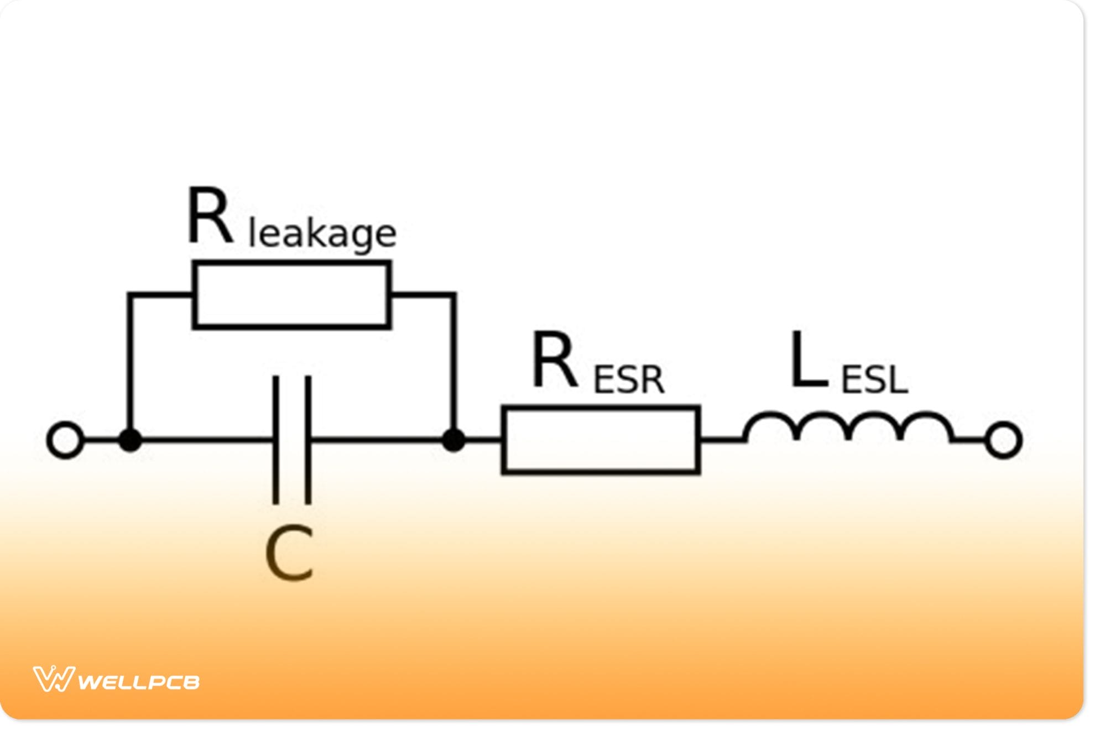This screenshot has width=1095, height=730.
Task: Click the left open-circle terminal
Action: [x=65, y=441]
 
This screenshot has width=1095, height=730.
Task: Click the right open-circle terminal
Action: [x=1003, y=441]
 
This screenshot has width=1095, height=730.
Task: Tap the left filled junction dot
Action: [x=131, y=441]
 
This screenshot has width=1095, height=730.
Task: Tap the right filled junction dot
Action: [x=453, y=441]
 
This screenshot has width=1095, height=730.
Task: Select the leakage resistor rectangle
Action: [x=291, y=295]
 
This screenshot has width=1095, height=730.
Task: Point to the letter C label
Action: [x=289, y=554]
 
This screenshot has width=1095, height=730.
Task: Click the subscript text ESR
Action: [x=628, y=380]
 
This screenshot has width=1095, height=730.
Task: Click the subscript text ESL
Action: [x=874, y=380]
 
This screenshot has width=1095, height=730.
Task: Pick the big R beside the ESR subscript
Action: [x=554, y=361]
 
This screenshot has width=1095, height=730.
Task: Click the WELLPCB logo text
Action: [x=138, y=682]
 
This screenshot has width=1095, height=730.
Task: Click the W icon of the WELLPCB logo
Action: [x=54, y=680]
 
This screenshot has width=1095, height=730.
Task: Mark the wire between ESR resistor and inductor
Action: [x=722, y=441]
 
